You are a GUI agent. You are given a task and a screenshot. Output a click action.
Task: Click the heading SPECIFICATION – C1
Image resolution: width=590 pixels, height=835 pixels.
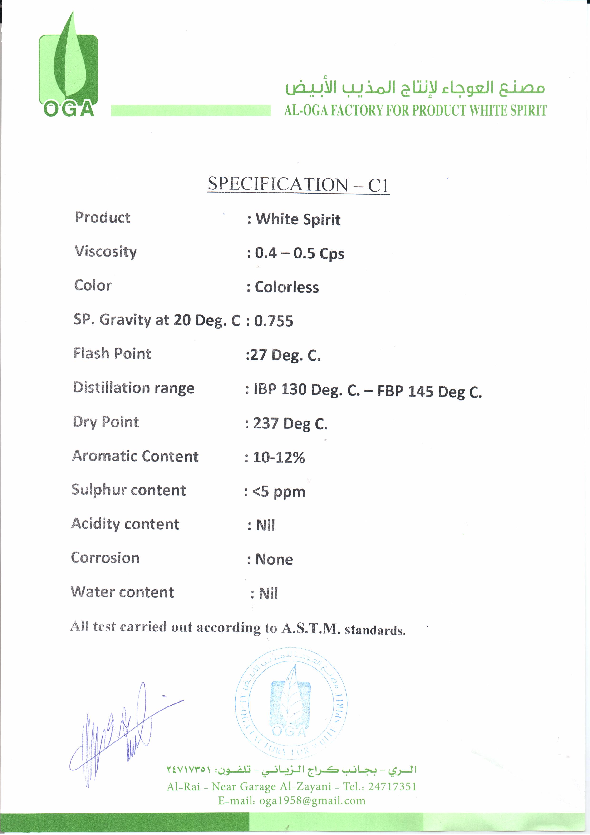pyautogui.click(x=298, y=184)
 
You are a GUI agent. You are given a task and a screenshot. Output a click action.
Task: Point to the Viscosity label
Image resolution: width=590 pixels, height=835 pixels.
pyautogui.click(x=106, y=252)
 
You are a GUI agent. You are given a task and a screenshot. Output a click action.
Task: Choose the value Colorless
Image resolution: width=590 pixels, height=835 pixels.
pyautogui.click(x=286, y=287)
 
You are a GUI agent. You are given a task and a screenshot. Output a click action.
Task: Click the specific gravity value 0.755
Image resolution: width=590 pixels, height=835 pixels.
pyautogui.click(x=273, y=321)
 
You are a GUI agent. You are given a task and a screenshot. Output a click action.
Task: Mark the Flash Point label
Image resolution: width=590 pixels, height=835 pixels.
pyautogui.click(x=112, y=353)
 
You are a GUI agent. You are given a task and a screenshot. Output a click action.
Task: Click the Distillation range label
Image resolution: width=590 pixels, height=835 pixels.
pyautogui.click(x=134, y=388)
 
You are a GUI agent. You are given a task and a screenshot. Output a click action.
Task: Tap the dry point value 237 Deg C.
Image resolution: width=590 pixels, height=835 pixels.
pyautogui.click(x=290, y=424)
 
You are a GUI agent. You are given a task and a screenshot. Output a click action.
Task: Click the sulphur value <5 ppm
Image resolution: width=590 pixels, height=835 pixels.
pyautogui.click(x=278, y=491)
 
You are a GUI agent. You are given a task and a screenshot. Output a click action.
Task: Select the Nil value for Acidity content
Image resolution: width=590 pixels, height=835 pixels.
pyautogui.click(x=265, y=525)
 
